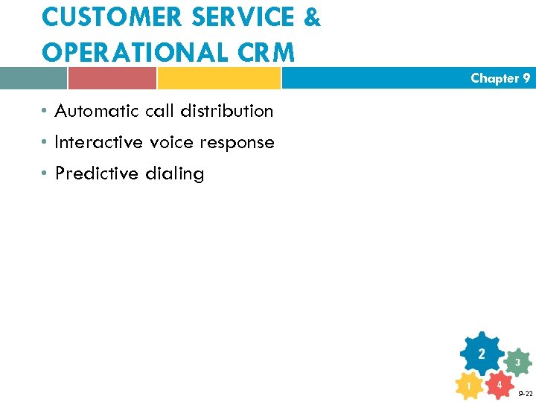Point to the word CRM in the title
pos(267,52)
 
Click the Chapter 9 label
pos(500,78)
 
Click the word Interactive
pos(98,142)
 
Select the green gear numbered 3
pos(517,363)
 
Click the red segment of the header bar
pos(112,78)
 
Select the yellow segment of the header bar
pos(219,78)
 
